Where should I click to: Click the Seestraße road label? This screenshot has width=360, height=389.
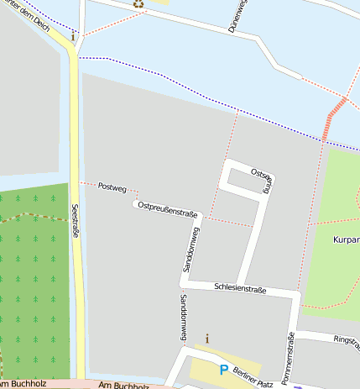75,220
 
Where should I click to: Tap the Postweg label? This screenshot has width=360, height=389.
112,186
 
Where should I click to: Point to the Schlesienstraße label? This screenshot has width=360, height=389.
240,289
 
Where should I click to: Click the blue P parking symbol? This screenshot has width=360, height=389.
224,369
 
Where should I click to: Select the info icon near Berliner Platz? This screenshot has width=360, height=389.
207,338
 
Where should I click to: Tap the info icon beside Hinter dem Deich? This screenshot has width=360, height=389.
74,36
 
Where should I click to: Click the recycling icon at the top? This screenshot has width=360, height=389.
138,3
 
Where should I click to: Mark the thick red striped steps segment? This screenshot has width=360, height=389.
335,118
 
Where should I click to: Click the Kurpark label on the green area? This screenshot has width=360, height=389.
345,239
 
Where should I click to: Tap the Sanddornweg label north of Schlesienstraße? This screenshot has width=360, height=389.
190,250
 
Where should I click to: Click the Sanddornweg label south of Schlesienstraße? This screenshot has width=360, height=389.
183,318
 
